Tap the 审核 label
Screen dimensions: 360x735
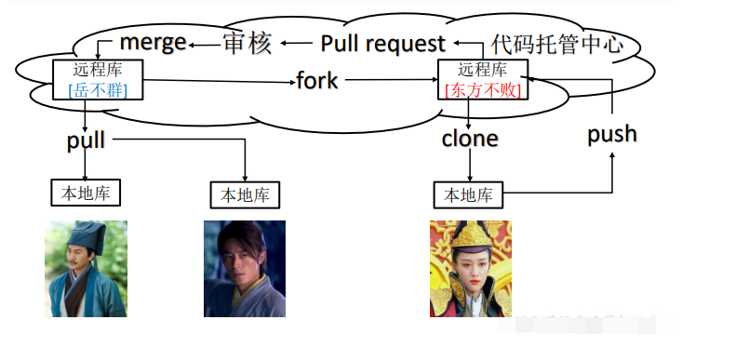247,43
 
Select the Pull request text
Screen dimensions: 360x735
382,43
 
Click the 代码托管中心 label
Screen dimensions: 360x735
556,44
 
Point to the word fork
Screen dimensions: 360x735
317,80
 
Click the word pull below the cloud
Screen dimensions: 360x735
86,140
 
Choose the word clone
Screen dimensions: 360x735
470,140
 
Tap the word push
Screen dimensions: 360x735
612,134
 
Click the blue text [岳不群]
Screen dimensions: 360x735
99,89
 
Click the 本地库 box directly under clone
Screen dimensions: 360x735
469,195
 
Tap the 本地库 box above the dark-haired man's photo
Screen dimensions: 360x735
245,195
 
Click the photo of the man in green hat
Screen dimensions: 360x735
86,269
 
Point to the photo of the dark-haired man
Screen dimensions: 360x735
244,269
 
